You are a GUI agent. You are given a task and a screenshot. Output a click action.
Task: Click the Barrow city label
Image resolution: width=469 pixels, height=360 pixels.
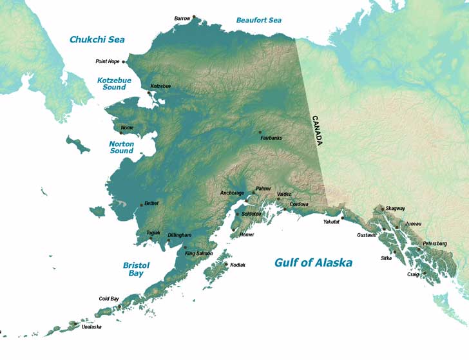point(182,19)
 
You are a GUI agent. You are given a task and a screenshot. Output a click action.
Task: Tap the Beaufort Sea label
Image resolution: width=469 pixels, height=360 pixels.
point(258,21)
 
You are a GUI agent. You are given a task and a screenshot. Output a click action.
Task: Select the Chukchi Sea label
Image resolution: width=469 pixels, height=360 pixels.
point(97,40)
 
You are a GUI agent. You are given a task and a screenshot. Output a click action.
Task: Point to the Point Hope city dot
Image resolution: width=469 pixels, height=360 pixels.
point(124,62)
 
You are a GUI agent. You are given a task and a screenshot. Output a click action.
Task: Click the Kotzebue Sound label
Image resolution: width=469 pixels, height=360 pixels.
point(111,84)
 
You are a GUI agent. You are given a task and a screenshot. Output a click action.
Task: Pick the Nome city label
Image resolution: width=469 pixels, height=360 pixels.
point(127,128)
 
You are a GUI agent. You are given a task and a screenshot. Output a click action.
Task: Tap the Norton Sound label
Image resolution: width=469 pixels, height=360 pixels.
point(121,147)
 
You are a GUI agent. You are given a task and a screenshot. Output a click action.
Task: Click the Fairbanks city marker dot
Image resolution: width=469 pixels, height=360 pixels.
point(260,132)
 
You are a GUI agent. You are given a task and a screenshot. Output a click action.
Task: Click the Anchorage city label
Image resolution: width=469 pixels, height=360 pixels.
point(232,193)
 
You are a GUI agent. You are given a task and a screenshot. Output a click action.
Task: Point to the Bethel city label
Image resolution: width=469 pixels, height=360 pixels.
point(151,203)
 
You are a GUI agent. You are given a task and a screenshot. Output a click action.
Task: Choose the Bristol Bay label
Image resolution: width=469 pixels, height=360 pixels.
point(136,269)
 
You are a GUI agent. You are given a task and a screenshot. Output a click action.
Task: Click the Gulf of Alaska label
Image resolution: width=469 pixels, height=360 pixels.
point(313,263)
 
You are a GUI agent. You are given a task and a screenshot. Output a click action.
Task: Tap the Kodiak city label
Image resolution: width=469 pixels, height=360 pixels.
point(238,265)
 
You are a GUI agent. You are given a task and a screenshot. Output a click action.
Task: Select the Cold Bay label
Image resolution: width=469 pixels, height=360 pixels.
point(109,298)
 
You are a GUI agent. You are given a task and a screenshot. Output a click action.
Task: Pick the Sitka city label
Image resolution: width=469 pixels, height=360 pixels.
point(386,258)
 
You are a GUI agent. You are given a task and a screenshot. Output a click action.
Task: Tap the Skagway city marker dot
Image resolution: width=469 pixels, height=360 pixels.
point(383,209)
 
